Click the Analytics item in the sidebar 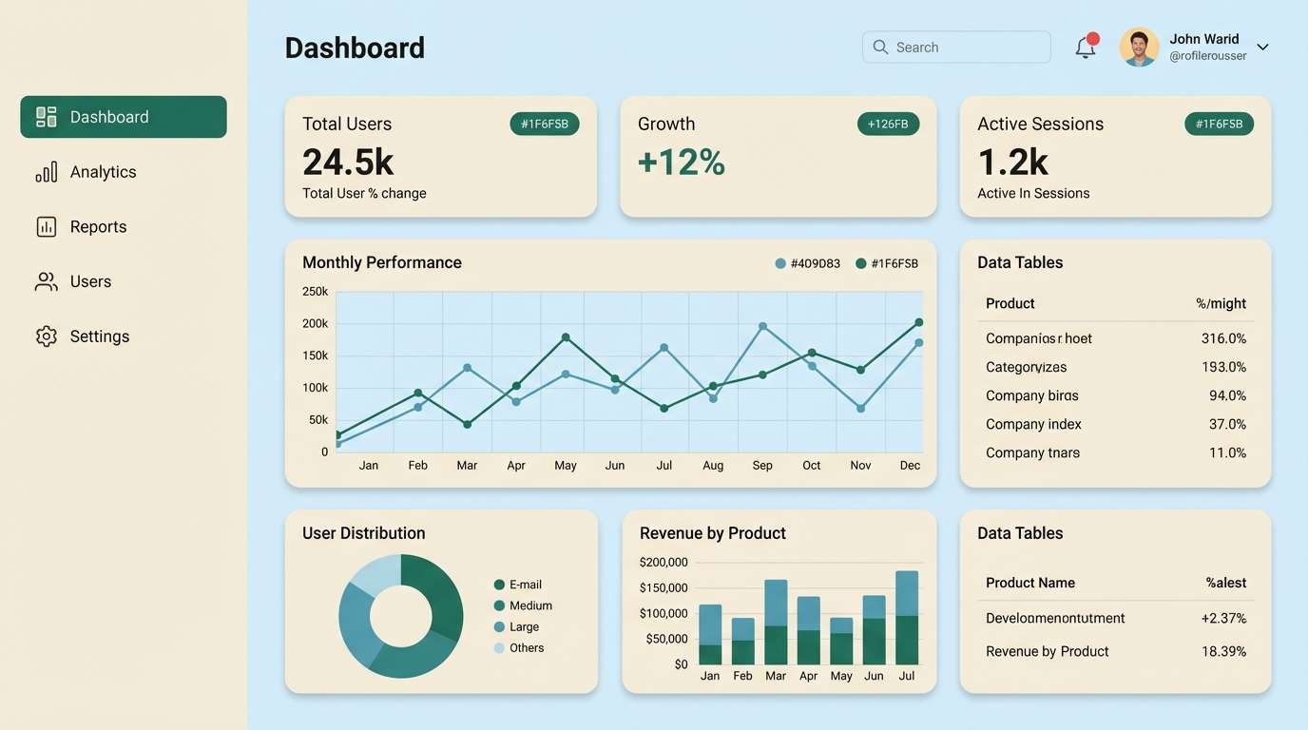pyautogui.click(x=103, y=172)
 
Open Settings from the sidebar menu pyautogui.click(x=99, y=336)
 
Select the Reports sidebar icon pyautogui.click(x=47, y=227)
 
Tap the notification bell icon pyautogui.click(x=1086, y=48)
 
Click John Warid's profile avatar pyautogui.click(x=1139, y=47)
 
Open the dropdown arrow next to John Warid pyautogui.click(x=1262, y=48)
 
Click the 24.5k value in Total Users pyautogui.click(x=348, y=163)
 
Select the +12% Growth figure pyautogui.click(x=682, y=163)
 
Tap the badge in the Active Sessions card pyautogui.click(x=1219, y=125)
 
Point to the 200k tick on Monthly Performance pyautogui.click(x=316, y=324)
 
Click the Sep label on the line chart pyautogui.click(x=762, y=466)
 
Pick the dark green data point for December pyautogui.click(x=918, y=323)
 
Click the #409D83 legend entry pyautogui.click(x=808, y=264)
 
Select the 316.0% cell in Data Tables pyautogui.click(x=1223, y=338)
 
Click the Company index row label pyautogui.click(x=1033, y=424)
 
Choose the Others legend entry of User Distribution pyautogui.click(x=526, y=648)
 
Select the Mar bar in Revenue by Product pyautogui.click(x=776, y=623)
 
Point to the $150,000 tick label pyautogui.click(x=664, y=587)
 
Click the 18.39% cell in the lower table pyautogui.click(x=1223, y=651)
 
